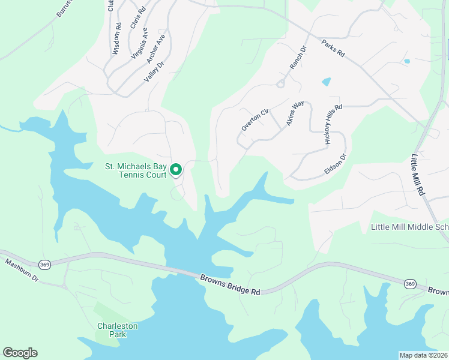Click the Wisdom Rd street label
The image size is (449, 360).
click(x=117, y=39)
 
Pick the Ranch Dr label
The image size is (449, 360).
click(x=298, y=57)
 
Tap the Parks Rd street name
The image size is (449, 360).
click(x=333, y=49)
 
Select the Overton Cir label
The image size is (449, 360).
click(x=255, y=119)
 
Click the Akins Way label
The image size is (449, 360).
click(x=294, y=113)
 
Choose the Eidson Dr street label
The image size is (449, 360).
click(x=336, y=164)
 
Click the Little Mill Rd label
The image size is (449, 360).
click(x=418, y=174)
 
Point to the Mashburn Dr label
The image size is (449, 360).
click(x=22, y=271)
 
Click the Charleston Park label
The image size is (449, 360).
click(x=118, y=330)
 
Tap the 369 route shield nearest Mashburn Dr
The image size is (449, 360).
click(x=44, y=263)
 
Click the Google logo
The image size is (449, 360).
click(x=20, y=353)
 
